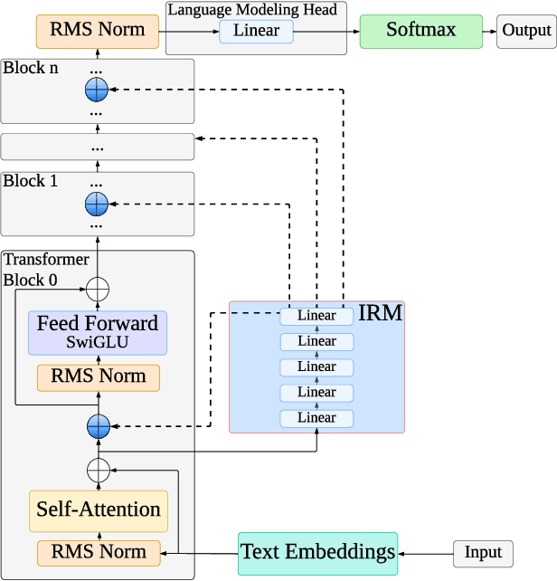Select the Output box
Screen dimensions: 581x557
point(526,31)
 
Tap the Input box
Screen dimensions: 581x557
point(483,553)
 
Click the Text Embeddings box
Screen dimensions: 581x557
point(317,552)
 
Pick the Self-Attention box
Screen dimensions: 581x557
point(98,510)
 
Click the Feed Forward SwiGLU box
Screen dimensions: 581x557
point(98,332)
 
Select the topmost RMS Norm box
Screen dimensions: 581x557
point(98,30)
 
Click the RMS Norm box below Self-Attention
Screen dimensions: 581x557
point(98,551)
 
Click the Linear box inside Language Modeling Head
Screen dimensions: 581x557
point(256,32)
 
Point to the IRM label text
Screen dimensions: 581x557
point(381,314)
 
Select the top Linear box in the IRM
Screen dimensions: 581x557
point(316,316)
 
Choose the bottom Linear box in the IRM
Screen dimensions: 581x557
point(316,418)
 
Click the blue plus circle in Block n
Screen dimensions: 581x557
point(96,90)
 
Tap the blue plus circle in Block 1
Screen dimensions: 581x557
point(96,204)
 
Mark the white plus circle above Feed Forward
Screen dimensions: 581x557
point(97,290)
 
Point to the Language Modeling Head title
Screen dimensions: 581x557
point(251,9)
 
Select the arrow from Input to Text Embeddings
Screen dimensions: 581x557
point(425,553)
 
